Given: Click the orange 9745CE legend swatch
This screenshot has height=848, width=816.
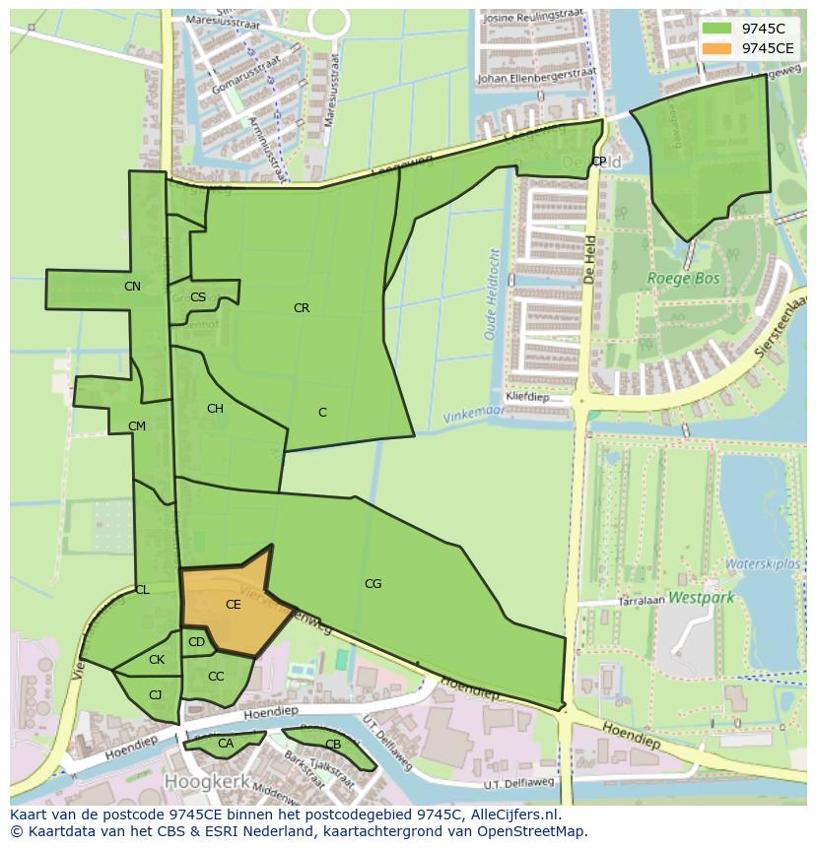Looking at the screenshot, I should click(716, 48).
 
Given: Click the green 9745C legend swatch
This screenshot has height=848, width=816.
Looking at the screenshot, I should click(716, 30).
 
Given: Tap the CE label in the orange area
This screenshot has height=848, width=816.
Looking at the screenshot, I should click(234, 605).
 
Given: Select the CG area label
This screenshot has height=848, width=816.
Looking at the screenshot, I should click(373, 584).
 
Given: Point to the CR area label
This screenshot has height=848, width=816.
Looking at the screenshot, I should click(302, 308).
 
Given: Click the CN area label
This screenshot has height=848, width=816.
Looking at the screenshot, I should click(132, 287).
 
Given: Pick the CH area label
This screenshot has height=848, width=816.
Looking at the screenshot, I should click(215, 409).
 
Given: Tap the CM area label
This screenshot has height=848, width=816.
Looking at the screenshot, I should click(137, 426).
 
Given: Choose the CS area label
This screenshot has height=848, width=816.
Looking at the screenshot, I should click(198, 297).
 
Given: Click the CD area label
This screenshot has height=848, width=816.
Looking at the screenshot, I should click(196, 643).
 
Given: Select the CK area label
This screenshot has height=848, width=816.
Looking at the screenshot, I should click(157, 660).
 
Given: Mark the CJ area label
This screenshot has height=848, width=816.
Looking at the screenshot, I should click(155, 695).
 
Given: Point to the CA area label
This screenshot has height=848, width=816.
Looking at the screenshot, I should click(226, 744).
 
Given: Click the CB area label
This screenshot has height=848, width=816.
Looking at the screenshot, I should click(333, 745).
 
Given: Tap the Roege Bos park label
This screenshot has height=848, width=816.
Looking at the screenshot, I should click(683, 279).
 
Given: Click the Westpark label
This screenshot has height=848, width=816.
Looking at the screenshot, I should click(701, 597).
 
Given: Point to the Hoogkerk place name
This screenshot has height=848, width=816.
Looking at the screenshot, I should click(204, 781).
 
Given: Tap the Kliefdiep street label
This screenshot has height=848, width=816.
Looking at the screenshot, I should click(526, 398).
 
